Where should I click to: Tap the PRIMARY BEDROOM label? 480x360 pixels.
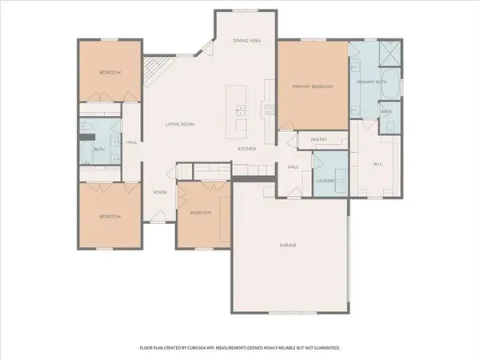click(312, 86)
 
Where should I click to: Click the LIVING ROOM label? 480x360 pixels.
click(180, 124)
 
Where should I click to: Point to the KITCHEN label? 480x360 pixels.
click(246, 149)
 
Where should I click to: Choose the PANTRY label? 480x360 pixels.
click(318, 139)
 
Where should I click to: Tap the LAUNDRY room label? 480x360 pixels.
click(325, 181)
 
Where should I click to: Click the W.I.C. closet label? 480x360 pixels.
click(380, 166)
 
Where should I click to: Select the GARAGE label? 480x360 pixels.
click(288, 245)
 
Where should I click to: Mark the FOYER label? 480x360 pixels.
click(159, 192)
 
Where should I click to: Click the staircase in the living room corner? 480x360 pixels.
click(153, 76)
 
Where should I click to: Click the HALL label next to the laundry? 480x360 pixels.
click(293, 166)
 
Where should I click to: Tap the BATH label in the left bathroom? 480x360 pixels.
click(99, 149)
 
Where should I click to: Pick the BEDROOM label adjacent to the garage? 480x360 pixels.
click(200, 213)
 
